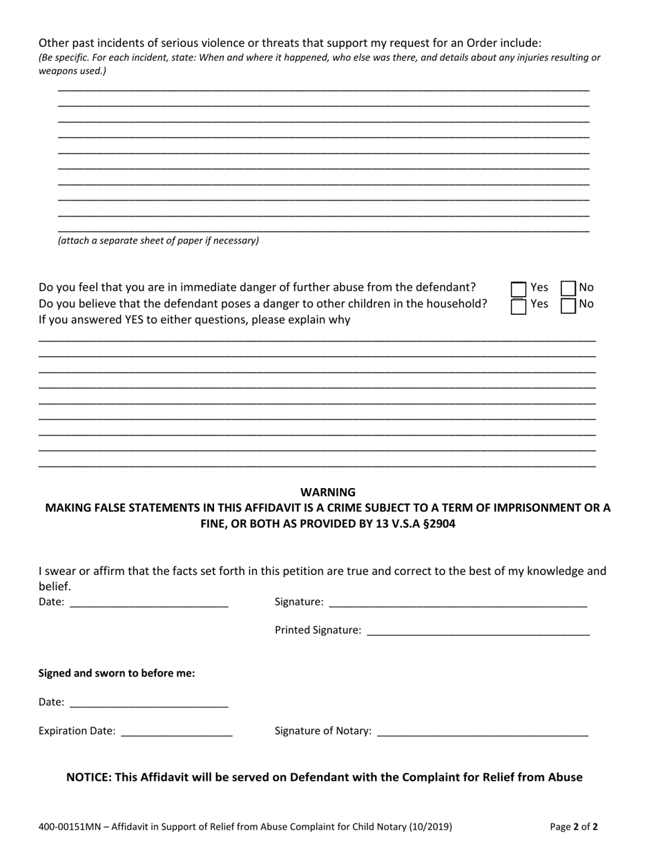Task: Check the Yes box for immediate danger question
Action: [x=519, y=289]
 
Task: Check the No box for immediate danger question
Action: [x=568, y=288]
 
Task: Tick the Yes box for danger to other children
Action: [x=519, y=306]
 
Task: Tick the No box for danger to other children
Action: [x=568, y=305]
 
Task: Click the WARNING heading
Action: [x=328, y=492]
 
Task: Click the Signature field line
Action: [x=458, y=603]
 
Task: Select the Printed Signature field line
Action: [x=478, y=631]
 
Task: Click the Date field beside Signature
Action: [x=149, y=603]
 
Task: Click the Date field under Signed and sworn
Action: [x=149, y=703]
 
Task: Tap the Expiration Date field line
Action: [x=177, y=732]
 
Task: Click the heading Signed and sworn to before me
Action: [x=117, y=673]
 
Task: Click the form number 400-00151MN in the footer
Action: [x=71, y=826]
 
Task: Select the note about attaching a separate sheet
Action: [x=158, y=241]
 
